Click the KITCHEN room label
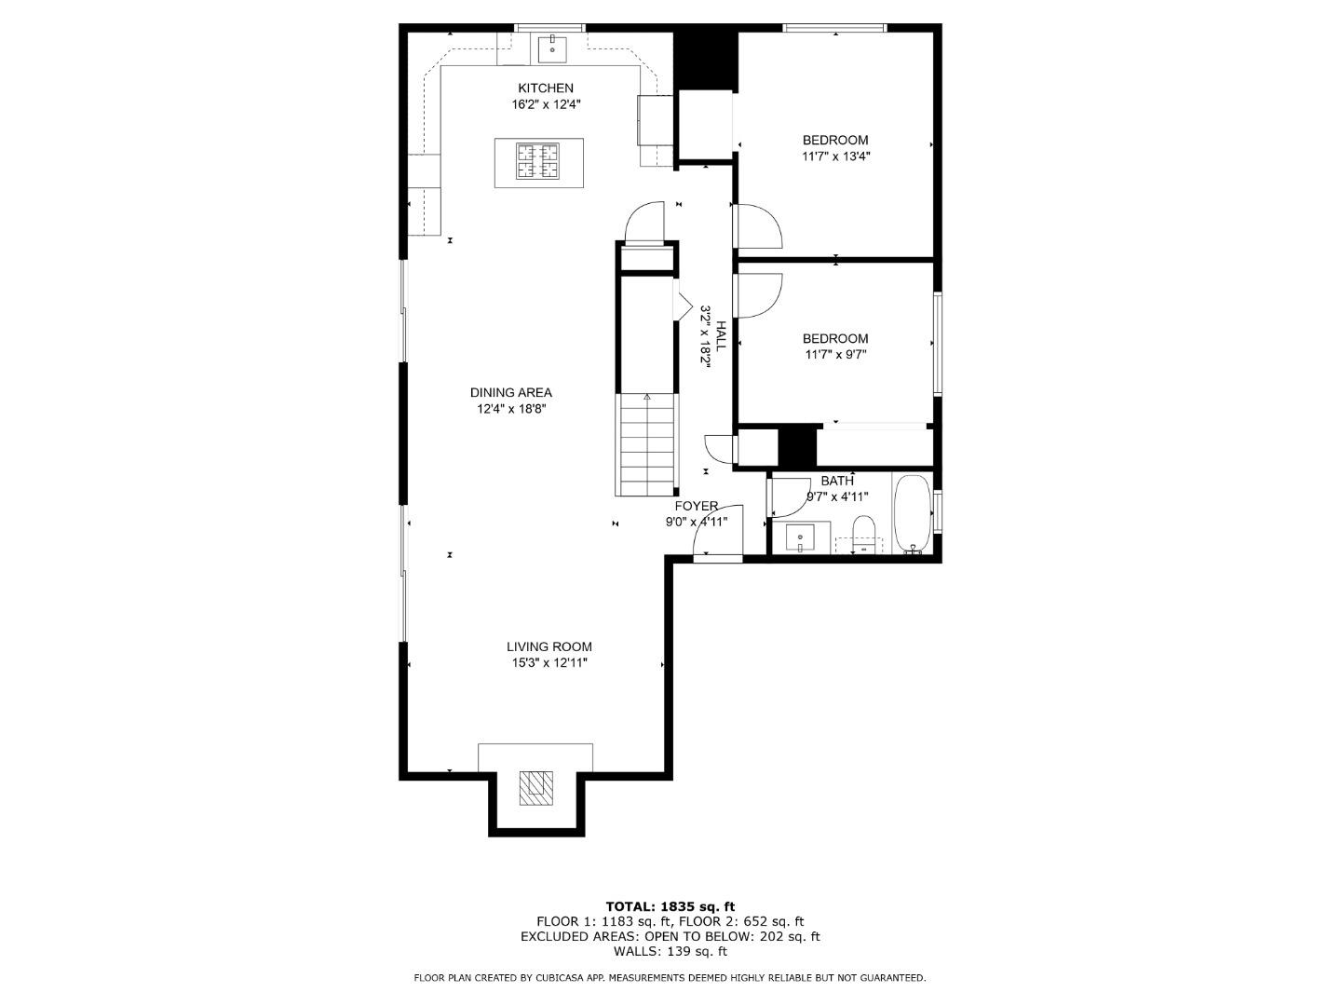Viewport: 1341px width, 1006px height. (546, 88)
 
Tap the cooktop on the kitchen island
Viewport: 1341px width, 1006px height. (538, 161)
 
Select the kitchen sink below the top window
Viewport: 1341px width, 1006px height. (552, 48)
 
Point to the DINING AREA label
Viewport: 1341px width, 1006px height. (510, 393)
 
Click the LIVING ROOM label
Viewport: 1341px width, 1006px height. (549, 647)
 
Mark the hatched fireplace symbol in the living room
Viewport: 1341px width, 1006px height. (535, 787)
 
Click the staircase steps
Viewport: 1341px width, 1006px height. (646, 445)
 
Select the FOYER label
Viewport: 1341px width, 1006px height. (696, 507)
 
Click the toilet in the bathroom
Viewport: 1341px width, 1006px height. (863, 535)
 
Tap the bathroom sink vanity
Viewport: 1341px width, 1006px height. (800, 538)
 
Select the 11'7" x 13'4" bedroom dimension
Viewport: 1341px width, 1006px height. (835, 156)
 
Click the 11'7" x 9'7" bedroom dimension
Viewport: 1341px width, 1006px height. (835, 355)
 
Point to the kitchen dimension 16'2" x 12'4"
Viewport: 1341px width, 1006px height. (546, 105)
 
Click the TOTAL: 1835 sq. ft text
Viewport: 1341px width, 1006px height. (670, 906)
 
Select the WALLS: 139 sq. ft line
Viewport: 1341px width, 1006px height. (670, 952)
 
